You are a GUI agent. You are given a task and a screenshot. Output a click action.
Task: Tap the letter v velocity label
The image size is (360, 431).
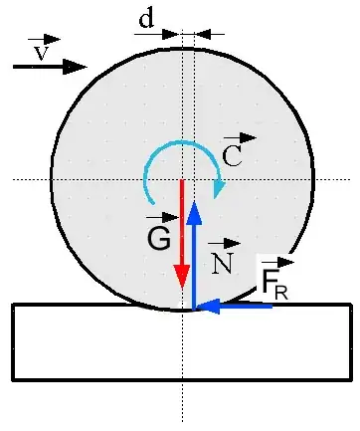(41, 54)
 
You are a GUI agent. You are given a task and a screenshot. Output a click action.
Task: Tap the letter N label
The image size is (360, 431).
(222, 261)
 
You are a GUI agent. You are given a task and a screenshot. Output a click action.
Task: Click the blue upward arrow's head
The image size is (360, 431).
(195, 211)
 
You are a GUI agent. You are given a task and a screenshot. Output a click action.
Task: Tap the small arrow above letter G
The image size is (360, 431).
(155, 216)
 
